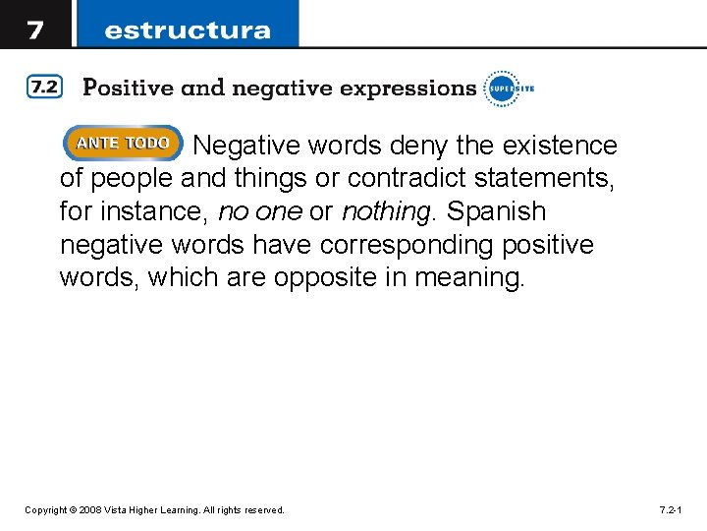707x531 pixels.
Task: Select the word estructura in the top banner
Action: click(x=187, y=29)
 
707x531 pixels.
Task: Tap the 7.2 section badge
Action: click(x=44, y=88)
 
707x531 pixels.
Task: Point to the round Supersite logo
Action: click(x=501, y=88)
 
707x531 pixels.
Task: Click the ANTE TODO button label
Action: click(x=123, y=144)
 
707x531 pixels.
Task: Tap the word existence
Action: click(x=560, y=146)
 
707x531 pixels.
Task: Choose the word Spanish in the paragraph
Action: click(x=497, y=211)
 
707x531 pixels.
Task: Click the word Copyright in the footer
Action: click(x=46, y=510)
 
